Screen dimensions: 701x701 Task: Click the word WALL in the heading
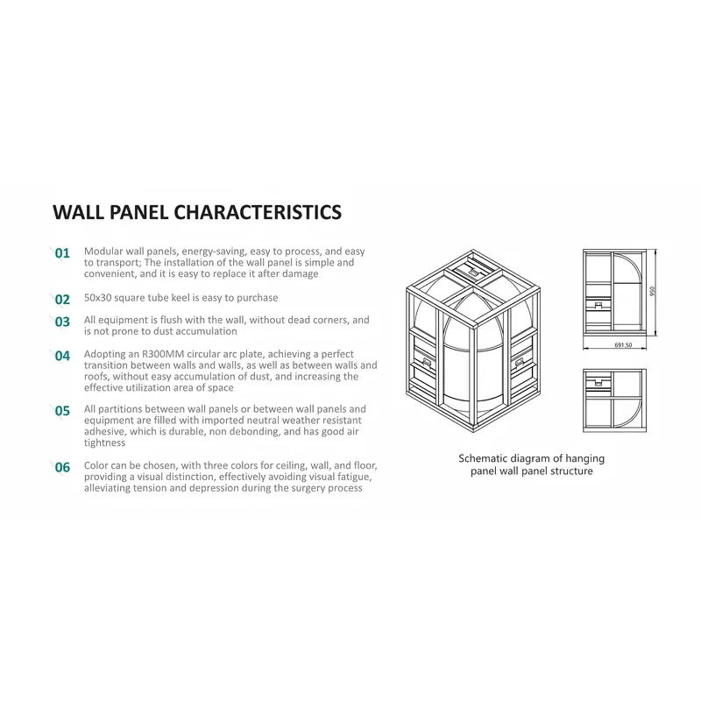click(78, 213)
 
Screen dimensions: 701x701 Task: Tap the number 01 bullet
click(62, 253)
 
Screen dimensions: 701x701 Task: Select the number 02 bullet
click(62, 299)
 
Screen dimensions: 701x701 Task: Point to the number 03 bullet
click(62, 322)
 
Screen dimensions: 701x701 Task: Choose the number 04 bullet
click(62, 356)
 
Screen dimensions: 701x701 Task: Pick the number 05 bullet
click(62, 410)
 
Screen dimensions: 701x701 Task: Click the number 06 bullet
click(62, 467)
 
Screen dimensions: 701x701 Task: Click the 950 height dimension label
click(653, 292)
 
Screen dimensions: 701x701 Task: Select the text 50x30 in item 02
click(98, 298)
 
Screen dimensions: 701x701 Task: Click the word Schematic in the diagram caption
click(485, 458)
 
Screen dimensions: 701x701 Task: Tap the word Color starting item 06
click(97, 466)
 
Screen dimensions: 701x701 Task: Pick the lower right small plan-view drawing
click(614, 399)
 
